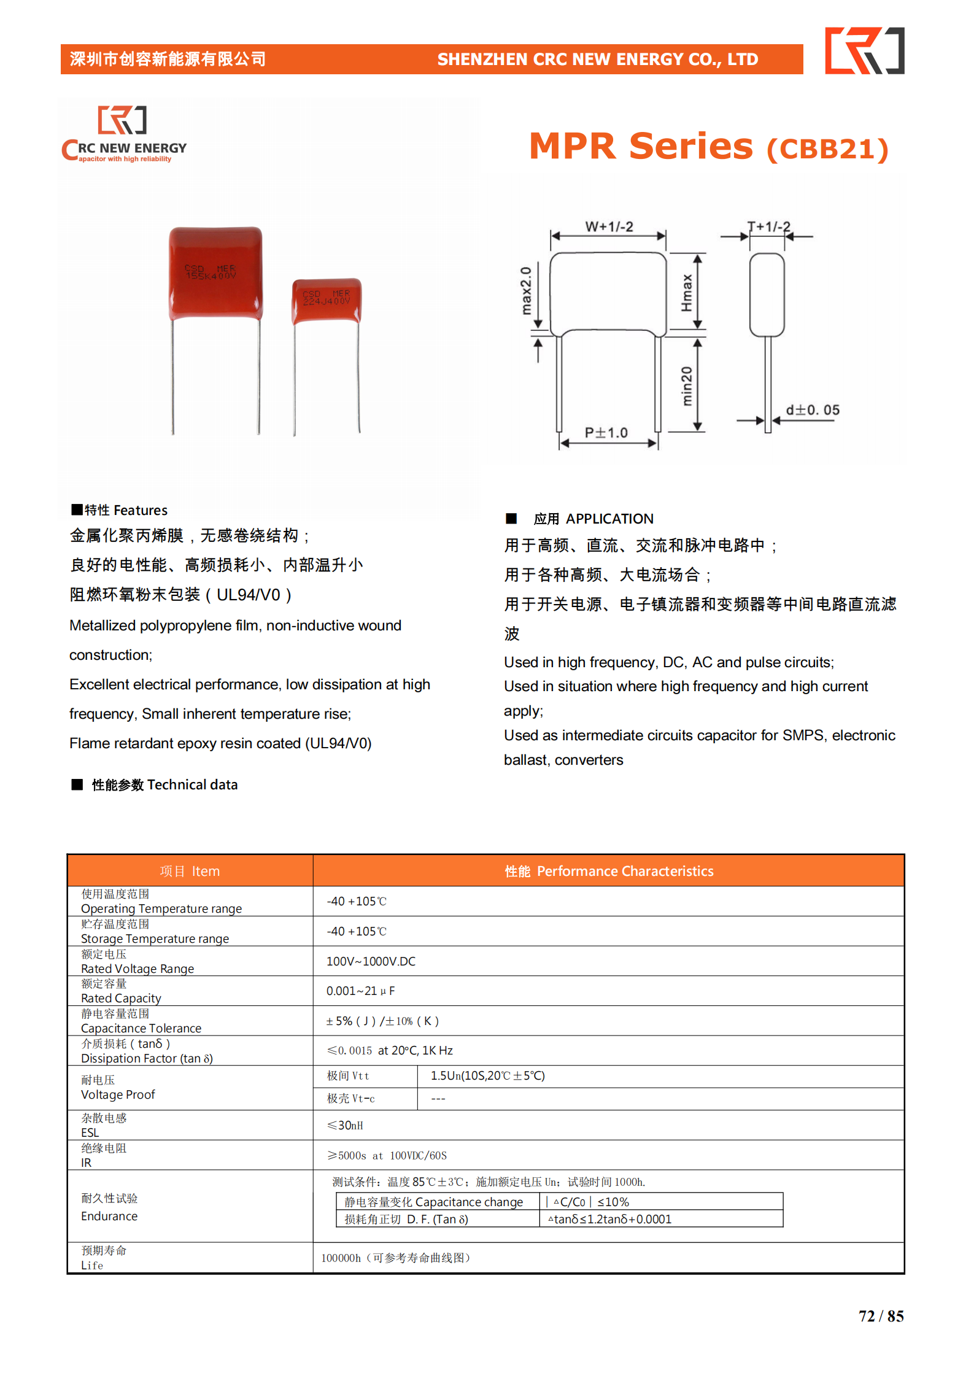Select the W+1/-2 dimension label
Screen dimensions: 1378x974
tap(608, 226)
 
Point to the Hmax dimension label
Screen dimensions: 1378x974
tap(687, 293)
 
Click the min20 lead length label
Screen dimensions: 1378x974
tap(687, 385)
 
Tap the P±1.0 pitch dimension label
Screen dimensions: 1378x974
tap(606, 433)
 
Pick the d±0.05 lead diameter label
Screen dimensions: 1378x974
tap(813, 410)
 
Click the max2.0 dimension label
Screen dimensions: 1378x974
tap(526, 290)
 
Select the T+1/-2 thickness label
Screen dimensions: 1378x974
tap(768, 226)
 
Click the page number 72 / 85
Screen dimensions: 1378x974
tap(881, 1316)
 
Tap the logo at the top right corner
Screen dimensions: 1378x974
tap(864, 51)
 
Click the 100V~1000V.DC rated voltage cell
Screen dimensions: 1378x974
tap(371, 961)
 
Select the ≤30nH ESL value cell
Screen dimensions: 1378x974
tap(345, 1125)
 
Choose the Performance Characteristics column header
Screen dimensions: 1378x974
tap(608, 871)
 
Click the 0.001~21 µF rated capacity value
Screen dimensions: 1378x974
tap(360, 991)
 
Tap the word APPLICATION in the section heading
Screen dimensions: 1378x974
tap(609, 519)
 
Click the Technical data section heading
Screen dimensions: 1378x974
tap(164, 784)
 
